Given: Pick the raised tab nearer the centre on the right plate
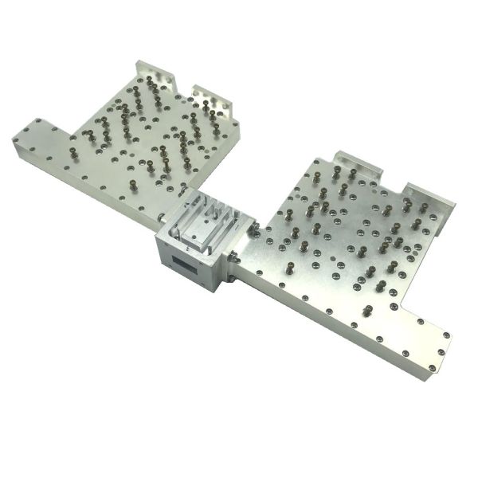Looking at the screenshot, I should coord(359,162).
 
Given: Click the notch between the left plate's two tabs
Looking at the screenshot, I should coord(185,86).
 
